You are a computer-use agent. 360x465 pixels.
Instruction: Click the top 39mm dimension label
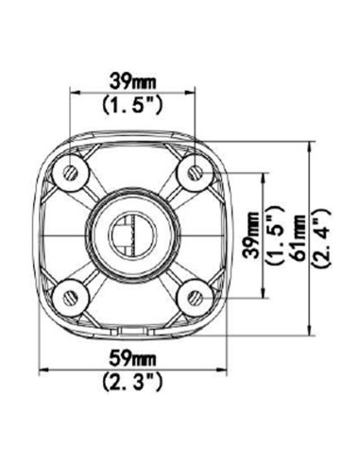(132, 82)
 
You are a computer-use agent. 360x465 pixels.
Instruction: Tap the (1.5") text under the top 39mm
(132, 105)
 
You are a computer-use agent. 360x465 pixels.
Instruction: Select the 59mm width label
(132, 359)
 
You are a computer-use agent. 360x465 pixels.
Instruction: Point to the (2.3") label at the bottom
(132, 382)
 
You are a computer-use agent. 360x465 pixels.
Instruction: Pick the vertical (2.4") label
(321, 238)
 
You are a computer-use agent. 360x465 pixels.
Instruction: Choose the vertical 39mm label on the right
(252, 235)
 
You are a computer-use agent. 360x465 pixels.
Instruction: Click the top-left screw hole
(71, 173)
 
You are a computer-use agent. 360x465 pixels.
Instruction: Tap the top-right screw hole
(196, 173)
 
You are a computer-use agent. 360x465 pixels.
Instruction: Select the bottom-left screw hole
(71, 298)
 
